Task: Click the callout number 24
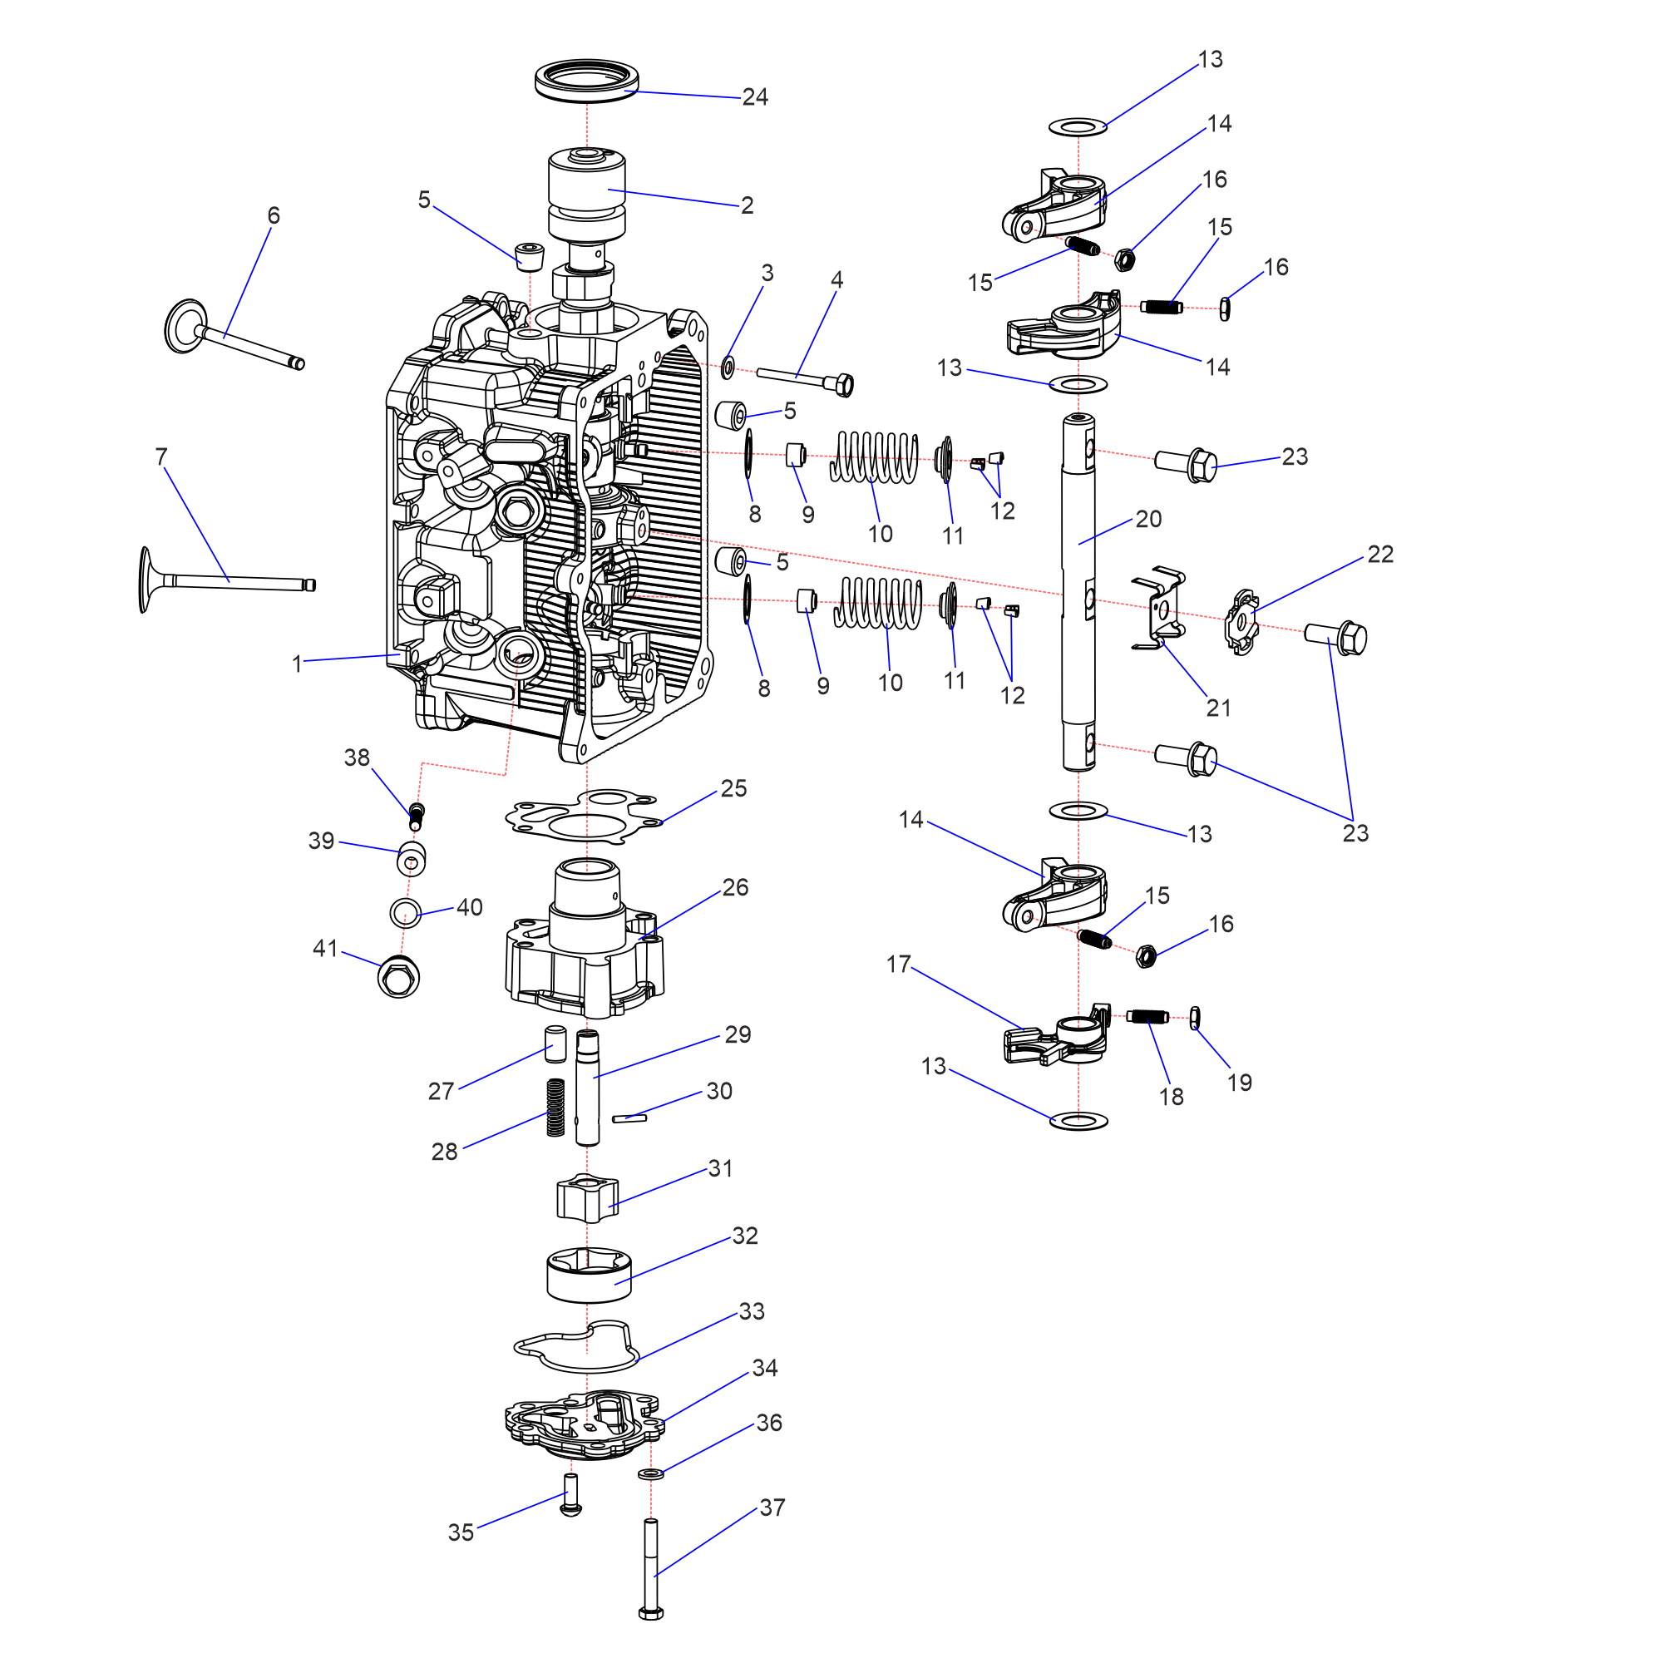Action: pyautogui.click(x=755, y=97)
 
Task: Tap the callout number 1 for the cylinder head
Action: pyautogui.click(x=297, y=664)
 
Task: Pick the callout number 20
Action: pyautogui.click(x=1148, y=519)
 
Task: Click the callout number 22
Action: pyautogui.click(x=1379, y=555)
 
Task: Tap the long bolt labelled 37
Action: pyautogui.click(x=651, y=1569)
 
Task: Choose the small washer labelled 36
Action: pyautogui.click(x=651, y=1474)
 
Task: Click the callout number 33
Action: pyautogui.click(x=752, y=1311)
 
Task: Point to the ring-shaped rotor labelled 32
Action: pyautogui.click(x=589, y=1275)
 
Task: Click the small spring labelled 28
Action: pyautogui.click(x=556, y=1107)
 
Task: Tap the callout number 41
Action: pyautogui.click(x=324, y=949)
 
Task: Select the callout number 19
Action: pyautogui.click(x=1239, y=1083)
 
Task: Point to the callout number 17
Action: pyautogui.click(x=899, y=964)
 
